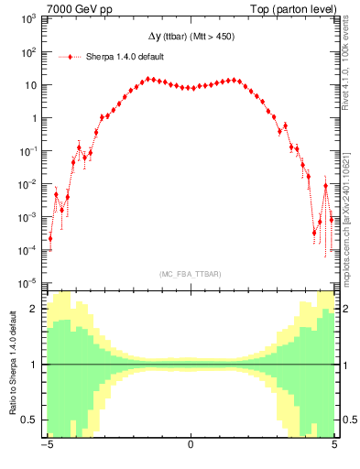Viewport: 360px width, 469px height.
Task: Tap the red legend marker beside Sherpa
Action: (x=71, y=57)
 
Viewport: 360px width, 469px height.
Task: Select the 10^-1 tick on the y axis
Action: (x=29, y=151)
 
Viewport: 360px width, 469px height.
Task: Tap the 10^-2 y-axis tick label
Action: (x=29, y=184)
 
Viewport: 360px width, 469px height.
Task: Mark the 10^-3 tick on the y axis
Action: (x=29, y=217)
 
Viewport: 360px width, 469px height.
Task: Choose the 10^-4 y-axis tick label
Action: (x=29, y=250)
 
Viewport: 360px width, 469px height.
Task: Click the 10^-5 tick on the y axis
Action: (x=29, y=283)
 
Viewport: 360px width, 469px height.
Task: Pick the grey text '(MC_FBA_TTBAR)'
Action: (x=191, y=274)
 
